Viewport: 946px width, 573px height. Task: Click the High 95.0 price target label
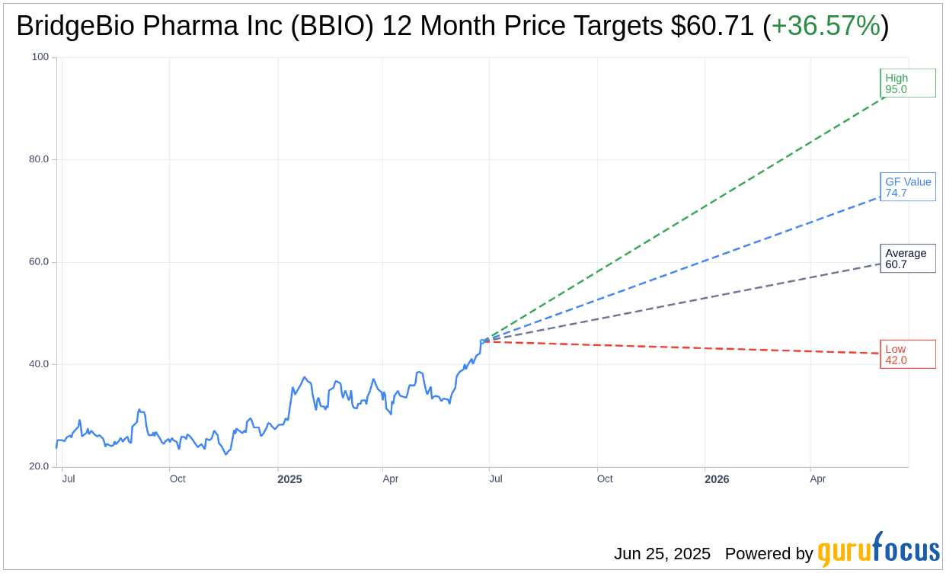[907, 83]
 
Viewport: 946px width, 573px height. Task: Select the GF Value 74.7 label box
[907, 187]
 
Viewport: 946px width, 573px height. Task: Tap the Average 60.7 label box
[907, 258]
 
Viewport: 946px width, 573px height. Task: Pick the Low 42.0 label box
[907, 354]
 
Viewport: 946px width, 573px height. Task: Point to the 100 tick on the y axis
[40, 57]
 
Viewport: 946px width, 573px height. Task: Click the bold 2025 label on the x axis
[289, 479]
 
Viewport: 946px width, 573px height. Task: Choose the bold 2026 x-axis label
[717, 479]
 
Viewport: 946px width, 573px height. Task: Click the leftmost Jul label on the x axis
[69, 479]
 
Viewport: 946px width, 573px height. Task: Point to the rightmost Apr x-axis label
[817, 479]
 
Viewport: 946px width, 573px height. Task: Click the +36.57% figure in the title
[826, 27]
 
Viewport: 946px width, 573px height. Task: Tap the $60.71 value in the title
[712, 27]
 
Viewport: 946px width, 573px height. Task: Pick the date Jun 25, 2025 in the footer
[662, 554]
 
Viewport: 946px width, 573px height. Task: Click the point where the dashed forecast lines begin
[484, 341]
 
